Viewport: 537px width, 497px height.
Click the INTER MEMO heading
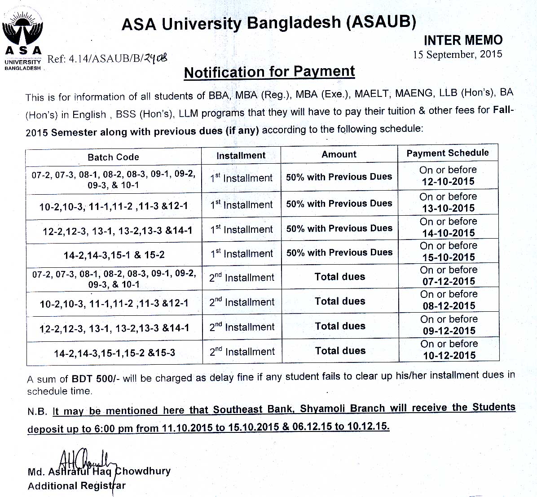coord(463,40)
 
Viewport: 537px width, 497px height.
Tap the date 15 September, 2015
coord(457,55)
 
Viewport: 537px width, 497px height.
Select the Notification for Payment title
coord(269,72)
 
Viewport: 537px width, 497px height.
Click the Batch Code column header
coord(113,157)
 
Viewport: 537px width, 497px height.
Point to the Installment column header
coord(241,156)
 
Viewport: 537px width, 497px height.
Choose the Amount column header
coord(339,154)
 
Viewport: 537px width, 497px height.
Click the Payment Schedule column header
coord(448,153)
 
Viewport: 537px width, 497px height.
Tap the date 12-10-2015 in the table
coord(448,182)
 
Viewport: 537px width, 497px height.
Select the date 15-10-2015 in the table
coord(449,257)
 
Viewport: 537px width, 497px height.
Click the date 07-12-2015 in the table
coord(449,282)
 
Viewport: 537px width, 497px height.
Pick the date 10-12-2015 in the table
coord(449,356)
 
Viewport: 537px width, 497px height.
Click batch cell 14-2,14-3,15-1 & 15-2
coord(114,255)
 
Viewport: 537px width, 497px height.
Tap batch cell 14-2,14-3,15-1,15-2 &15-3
coord(114,353)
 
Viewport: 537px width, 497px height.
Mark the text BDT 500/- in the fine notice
coord(95,379)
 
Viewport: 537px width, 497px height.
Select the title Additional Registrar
coord(76,486)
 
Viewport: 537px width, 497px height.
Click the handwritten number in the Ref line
coord(155,58)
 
